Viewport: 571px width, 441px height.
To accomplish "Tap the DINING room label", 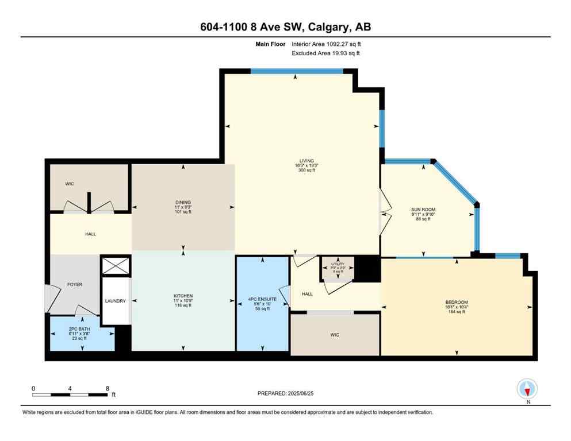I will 183,202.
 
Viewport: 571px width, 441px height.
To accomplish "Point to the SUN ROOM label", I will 423,210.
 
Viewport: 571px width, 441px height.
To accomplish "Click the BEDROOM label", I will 456,303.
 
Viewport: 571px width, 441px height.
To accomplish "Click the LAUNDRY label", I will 115,301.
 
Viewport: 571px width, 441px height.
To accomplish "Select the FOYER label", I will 75,284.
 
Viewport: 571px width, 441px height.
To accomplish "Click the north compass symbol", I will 527,389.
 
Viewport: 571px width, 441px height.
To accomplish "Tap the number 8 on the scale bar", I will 108,388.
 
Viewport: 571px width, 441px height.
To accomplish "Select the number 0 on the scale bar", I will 34,388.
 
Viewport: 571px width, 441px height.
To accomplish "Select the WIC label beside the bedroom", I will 334,335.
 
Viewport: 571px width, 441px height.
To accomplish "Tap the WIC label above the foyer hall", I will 70,184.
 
